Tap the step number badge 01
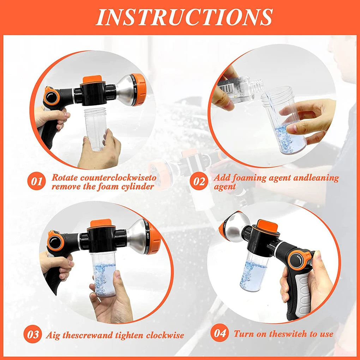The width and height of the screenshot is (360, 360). [x=37, y=182]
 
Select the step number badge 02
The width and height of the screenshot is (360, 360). [x=199, y=182]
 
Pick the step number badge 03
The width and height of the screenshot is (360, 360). [x=32, y=334]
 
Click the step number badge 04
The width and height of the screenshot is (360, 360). [x=220, y=334]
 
